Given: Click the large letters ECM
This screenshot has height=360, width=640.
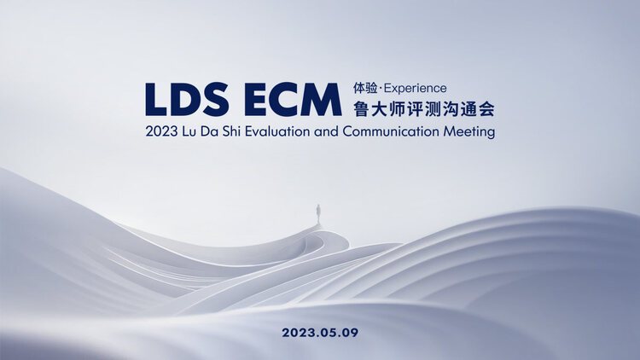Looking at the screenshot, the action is pos(293,99).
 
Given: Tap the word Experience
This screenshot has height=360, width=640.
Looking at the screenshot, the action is pos(415,89).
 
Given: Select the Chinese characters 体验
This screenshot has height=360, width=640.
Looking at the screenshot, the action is pos(365,88).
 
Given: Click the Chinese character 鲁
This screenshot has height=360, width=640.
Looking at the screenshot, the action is pos(361,109).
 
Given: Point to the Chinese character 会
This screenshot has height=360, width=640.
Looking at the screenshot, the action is pos(486,109).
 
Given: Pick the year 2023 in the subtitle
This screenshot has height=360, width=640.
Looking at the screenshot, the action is pos(161,132).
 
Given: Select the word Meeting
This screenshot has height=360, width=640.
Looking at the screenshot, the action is pos(469,132).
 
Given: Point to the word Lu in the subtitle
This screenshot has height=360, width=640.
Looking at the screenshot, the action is pos(189,132).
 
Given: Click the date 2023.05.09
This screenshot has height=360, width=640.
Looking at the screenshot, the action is pos(320,333).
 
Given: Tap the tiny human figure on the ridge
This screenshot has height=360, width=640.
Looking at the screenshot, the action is pos(318,213).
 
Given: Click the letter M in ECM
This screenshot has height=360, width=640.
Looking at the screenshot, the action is pos(323,99).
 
